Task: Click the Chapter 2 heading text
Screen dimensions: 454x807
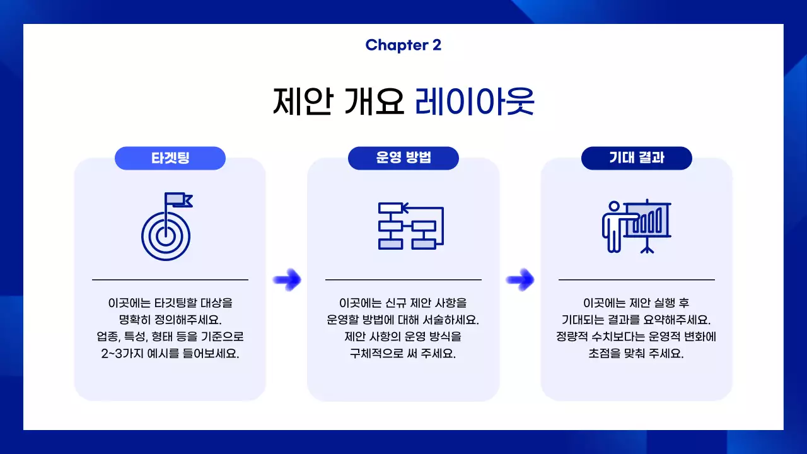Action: [x=403, y=45]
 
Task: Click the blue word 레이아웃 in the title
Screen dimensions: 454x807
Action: [x=474, y=102]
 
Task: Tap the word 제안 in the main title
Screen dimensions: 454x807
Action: [x=302, y=102]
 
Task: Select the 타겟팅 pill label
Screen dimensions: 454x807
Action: [x=170, y=158]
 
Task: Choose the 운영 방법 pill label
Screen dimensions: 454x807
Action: [x=403, y=158]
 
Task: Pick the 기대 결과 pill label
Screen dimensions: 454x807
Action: [x=636, y=158]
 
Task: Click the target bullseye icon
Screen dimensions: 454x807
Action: [x=165, y=236]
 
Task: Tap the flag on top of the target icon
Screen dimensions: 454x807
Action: [x=178, y=201]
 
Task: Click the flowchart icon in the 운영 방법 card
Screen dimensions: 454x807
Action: [x=410, y=226]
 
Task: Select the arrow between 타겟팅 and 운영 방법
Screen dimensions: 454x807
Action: [x=287, y=279]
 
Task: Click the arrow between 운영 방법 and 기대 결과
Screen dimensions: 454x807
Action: [x=520, y=279]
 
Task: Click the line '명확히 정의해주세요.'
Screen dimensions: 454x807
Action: [x=170, y=320]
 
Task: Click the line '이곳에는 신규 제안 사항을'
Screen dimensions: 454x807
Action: [x=403, y=303]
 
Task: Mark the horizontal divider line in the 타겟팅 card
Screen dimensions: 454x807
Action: [x=170, y=279]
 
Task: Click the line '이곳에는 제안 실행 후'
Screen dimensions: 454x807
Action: [x=636, y=303]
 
